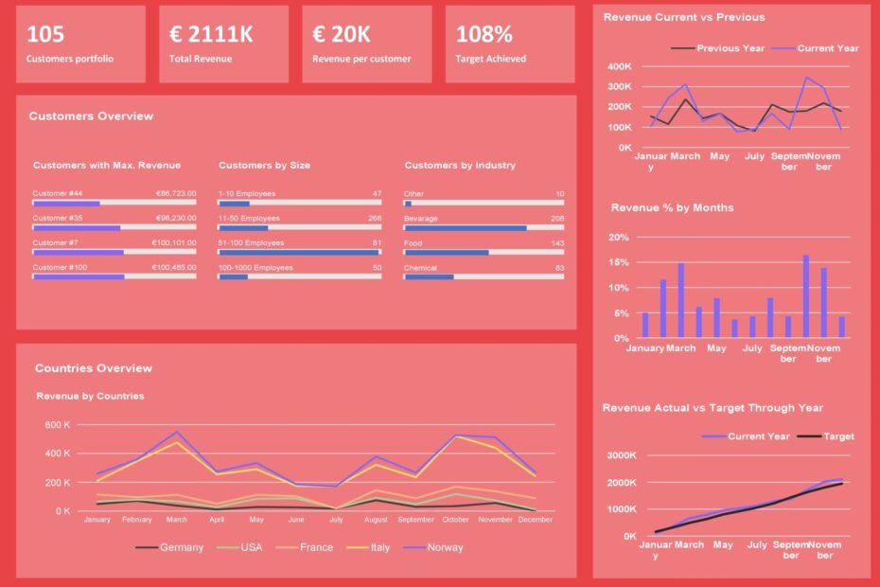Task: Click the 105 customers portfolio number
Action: click(x=45, y=35)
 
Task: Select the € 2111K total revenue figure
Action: click(x=211, y=35)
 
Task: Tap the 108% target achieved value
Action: click(x=484, y=35)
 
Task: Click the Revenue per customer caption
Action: click(x=361, y=59)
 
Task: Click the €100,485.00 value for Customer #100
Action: click(x=174, y=268)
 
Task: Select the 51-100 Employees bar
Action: click(x=300, y=252)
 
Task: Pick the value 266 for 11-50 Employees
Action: click(x=375, y=218)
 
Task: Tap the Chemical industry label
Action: click(x=420, y=268)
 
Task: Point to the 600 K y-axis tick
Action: click(x=56, y=425)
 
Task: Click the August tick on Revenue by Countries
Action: click(x=375, y=520)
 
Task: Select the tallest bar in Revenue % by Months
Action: click(x=806, y=296)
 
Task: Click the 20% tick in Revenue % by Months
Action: click(x=617, y=238)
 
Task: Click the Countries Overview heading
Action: click(x=94, y=368)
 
